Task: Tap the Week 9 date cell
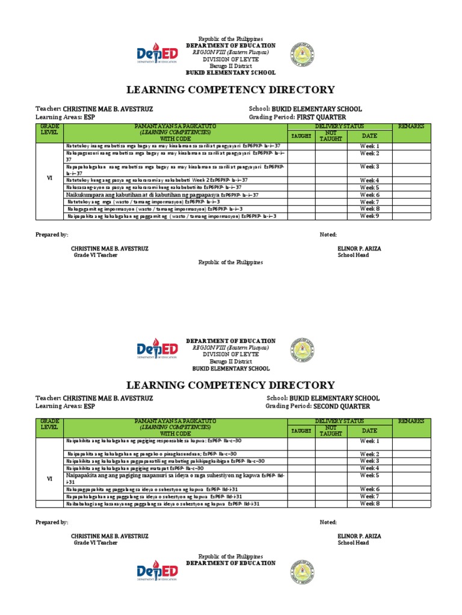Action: coord(369,216)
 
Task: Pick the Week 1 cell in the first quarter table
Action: coord(369,146)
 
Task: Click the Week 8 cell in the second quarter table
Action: coord(369,504)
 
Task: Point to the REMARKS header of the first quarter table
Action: coord(411,126)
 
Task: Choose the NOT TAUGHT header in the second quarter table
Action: coord(331,430)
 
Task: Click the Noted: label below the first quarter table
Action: coord(328,235)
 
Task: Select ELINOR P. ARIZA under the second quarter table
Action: coord(359,536)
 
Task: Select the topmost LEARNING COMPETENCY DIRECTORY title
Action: coord(230,90)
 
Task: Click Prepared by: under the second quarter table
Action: coord(52,523)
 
